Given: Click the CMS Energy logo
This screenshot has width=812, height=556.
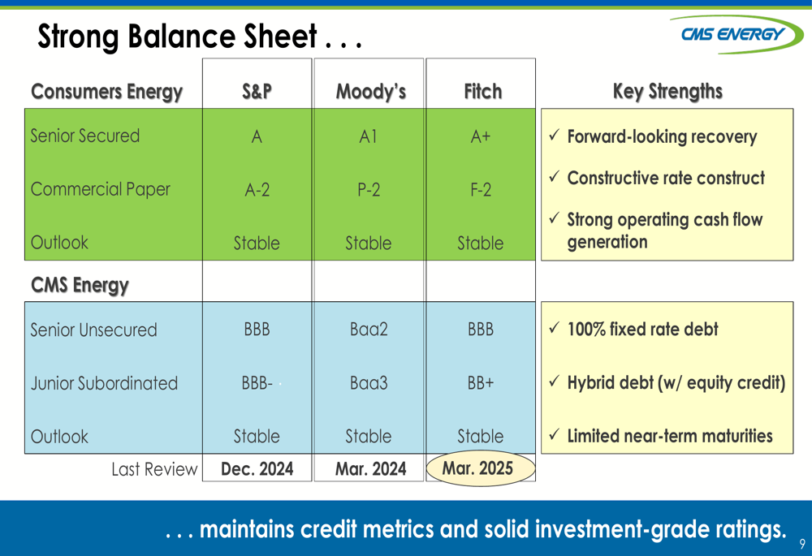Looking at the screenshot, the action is tap(736, 34).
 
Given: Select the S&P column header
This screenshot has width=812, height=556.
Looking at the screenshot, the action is tap(257, 92).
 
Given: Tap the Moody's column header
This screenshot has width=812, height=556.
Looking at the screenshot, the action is tap(371, 92).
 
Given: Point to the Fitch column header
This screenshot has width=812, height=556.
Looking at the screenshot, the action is tap(482, 92).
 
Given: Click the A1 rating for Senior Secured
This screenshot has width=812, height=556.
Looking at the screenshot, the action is tap(368, 136).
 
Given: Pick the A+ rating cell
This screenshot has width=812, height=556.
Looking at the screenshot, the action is tap(481, 136).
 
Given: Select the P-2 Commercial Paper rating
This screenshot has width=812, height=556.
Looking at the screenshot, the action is tap(369, 190).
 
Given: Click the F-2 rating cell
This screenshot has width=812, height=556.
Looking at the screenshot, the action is tap(481, 190).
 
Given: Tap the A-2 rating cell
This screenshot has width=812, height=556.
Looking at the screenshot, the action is tap(257, 190).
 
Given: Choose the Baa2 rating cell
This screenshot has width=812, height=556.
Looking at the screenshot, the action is tap(369, 330).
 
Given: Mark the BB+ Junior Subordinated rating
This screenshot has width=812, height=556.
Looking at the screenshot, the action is tap(481, 383).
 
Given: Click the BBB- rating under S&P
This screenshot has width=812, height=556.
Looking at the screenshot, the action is tap(257, 383).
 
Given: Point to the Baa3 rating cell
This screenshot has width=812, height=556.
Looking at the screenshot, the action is tap(369, 383).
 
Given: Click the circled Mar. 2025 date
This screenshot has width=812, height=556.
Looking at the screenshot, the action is tap(477, 468).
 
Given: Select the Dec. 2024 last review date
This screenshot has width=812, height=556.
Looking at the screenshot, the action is tap(257, 469).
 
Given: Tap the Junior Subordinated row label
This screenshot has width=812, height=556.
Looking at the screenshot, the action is tap(104, 383).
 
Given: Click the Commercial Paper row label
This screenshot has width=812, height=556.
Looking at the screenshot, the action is tap(101, 189).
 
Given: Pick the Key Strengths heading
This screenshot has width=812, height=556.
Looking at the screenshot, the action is tap(667, 92).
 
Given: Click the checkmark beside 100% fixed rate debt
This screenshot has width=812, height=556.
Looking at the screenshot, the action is tap(554, 328).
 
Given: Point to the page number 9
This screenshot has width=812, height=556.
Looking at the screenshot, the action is tap(802, 544).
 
